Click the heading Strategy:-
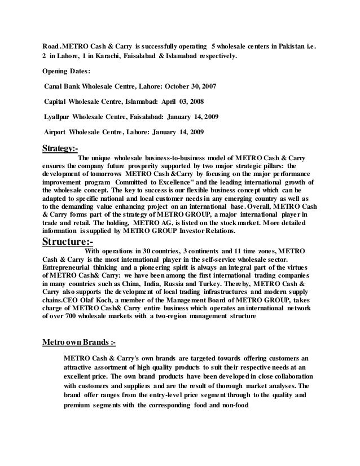[x=60, y=149]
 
